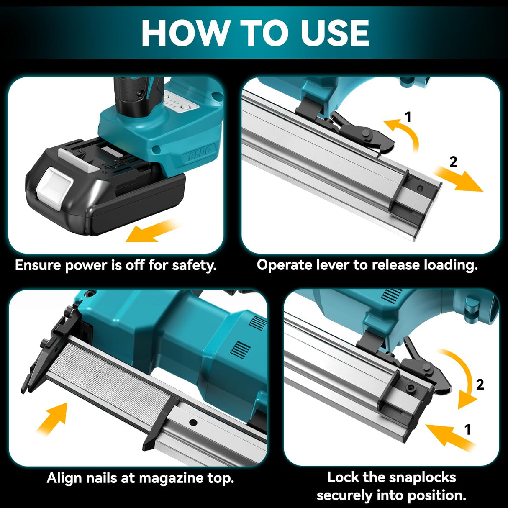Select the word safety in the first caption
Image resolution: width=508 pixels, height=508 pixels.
[x=194, y=265]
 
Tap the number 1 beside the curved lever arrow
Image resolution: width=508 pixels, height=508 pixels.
[x=408, y=117]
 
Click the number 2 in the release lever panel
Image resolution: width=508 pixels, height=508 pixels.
[x=453, y=162]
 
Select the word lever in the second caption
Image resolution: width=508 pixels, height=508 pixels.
[x=333, y=265]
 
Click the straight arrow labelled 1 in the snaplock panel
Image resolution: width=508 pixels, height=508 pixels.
[x=448, y=437]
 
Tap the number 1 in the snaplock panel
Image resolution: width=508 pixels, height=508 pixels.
[x=467, y=429]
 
